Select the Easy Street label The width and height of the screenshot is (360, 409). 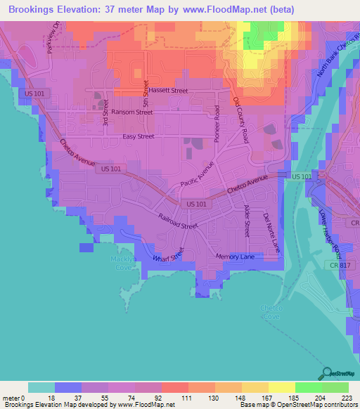[138, 136]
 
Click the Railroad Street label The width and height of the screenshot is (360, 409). [179, 222]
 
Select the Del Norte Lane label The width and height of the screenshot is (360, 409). [271, 233]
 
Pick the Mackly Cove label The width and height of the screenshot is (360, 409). [123, 262]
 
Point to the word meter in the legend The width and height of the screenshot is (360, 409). [12, 398]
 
